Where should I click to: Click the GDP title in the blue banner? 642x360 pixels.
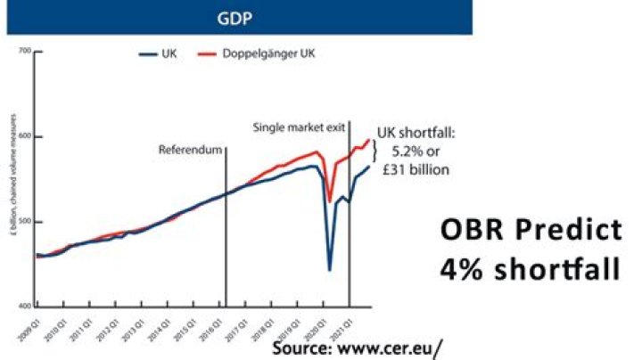[x=235, y=16]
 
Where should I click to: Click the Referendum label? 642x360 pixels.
[x=189, y=150]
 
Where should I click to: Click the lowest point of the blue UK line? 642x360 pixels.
[x=330, y=270]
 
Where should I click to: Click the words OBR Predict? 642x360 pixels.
[x=531, y=231]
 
